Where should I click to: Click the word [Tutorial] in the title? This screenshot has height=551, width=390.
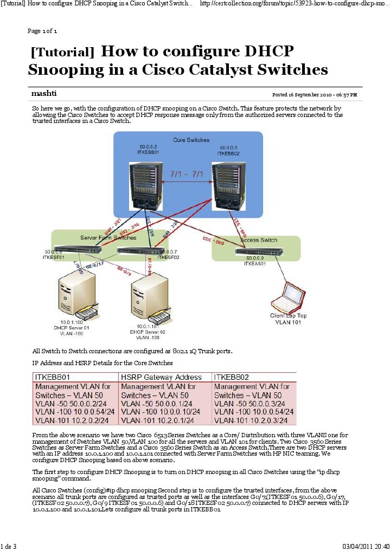click(62, 52)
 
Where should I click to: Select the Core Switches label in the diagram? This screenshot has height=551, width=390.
click(191, 140)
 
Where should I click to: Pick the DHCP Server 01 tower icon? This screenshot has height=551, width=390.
click(78, 296)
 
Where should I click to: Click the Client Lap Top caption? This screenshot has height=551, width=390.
click(289, 315)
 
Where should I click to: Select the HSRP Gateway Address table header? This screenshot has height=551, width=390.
click(161, 377)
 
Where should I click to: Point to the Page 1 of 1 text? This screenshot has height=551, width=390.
click(42, 30)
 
